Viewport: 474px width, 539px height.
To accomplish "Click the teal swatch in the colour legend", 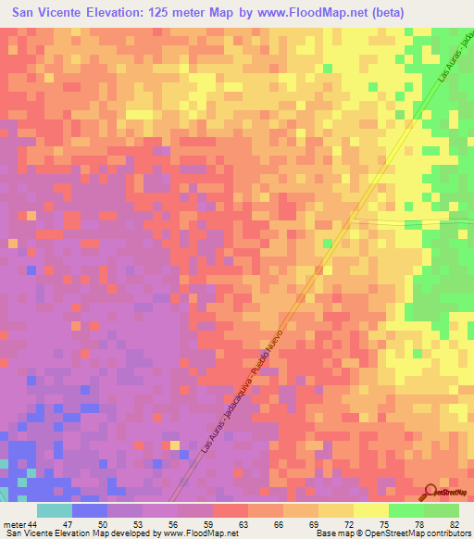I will click(x=55, y=510).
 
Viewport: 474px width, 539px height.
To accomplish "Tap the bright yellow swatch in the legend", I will click(x=370, y=510).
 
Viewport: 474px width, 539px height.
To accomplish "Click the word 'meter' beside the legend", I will click(x=13, y=523).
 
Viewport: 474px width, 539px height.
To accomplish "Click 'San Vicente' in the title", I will click(x=50, y=15).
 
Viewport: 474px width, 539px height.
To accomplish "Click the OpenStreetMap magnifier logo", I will click(x=430, y=492).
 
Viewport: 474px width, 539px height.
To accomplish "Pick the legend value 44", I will click(x=33, y=523).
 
